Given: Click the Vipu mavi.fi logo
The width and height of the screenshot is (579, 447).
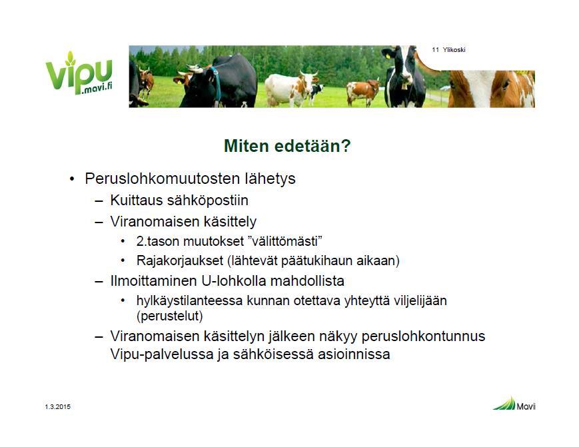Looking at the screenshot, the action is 79,73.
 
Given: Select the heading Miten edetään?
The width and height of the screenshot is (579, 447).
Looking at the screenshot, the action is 287,146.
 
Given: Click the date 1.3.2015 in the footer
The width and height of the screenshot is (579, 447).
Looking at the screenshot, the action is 57,407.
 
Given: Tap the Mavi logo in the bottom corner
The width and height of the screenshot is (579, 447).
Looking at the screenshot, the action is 514,404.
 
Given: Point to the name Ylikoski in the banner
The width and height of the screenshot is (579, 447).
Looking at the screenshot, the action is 454,50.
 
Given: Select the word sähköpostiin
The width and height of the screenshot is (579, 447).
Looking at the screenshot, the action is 207,201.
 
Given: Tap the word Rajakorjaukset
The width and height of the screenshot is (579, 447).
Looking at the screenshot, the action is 180,261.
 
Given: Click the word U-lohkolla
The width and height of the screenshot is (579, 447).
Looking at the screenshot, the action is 234,280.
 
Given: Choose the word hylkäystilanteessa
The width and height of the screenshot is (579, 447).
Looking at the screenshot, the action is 190,301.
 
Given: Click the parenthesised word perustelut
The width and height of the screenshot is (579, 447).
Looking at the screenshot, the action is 170,316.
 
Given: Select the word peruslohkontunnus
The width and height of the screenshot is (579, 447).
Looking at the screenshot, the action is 423,336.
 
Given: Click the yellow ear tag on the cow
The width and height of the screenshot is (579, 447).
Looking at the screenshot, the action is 388,57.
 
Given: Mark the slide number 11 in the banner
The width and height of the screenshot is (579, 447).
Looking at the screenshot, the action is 435,50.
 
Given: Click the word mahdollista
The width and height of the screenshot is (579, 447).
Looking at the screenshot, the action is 307,280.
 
